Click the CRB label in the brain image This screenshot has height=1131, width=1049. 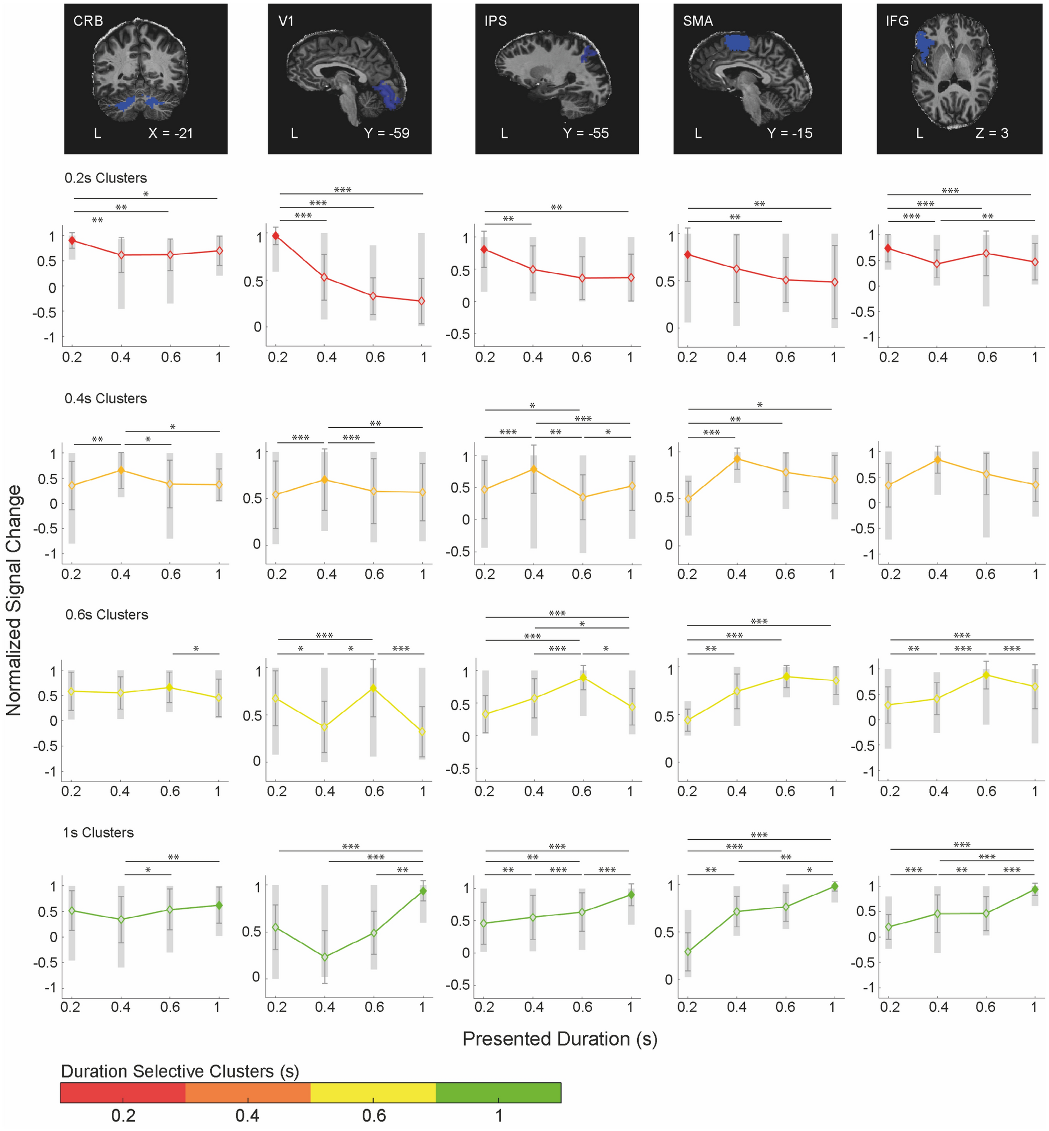tap(88, 21)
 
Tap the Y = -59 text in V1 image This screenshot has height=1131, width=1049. tap(387, 133)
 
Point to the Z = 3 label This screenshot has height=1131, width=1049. tap(992, 133)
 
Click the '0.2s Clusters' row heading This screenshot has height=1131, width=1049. tap(106, 178)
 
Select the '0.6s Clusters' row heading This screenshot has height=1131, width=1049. tap(107, 615)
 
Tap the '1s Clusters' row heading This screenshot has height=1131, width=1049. tap(98, 833)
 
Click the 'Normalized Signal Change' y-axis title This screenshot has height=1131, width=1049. tap(14, 601)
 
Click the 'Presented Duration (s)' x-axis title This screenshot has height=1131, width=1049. tap(560, 1039)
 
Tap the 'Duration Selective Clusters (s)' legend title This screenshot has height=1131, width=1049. tap(180, 1071)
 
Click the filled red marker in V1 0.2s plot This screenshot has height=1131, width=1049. tap(276, 236)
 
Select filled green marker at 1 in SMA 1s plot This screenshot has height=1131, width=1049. tap(834, 886)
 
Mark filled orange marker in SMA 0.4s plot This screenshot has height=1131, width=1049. tap(737, 459)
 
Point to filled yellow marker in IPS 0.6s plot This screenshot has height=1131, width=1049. tap(583, 677)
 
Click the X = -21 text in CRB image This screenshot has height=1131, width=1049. tap(171, 133)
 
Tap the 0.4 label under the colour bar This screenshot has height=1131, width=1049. tap(248, 1116)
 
